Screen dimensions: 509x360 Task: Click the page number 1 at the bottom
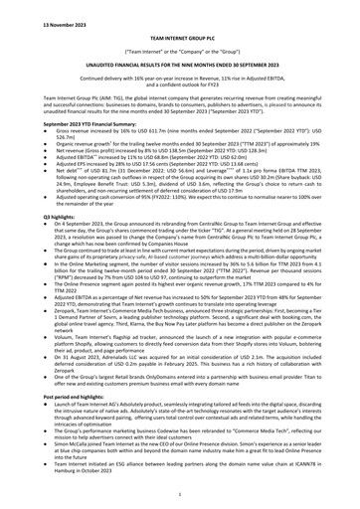click(x=179, y=497)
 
